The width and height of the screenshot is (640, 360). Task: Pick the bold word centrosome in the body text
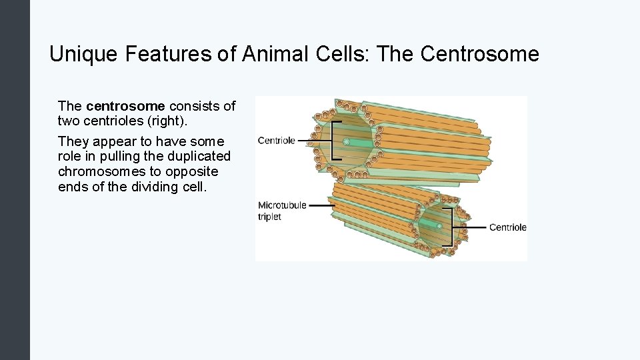click(125, 106)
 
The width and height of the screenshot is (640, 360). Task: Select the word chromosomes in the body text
click(99, 171)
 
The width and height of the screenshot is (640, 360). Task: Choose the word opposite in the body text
click(195, 171)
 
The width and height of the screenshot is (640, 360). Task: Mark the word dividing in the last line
click(155, 187)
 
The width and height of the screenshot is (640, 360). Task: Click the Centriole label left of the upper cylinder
click(276, 141)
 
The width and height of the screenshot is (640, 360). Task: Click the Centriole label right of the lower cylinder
click(507, 227)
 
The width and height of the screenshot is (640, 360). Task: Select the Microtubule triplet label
click(281, 211)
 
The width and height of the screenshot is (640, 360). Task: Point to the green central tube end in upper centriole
click(346, 141)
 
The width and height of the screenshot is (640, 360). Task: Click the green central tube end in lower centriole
click(438, 227)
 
